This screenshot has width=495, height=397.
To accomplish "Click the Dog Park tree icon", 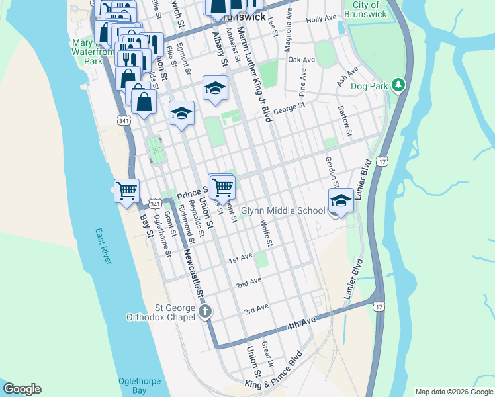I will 398,85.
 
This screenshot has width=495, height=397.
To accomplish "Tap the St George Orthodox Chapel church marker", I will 205,310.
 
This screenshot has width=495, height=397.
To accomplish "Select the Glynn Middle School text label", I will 283,210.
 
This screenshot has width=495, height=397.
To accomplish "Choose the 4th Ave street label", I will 301,326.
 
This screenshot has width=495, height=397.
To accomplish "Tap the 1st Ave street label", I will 241,257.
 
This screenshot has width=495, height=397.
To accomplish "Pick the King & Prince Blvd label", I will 273,370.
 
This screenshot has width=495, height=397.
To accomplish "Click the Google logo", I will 22,389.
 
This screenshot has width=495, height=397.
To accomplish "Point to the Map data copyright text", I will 454,392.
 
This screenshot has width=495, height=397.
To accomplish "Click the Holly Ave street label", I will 322,19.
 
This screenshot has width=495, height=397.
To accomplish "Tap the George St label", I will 289,105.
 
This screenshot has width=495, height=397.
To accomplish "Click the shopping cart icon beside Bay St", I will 126,191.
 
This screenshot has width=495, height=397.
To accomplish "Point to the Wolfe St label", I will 266,234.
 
